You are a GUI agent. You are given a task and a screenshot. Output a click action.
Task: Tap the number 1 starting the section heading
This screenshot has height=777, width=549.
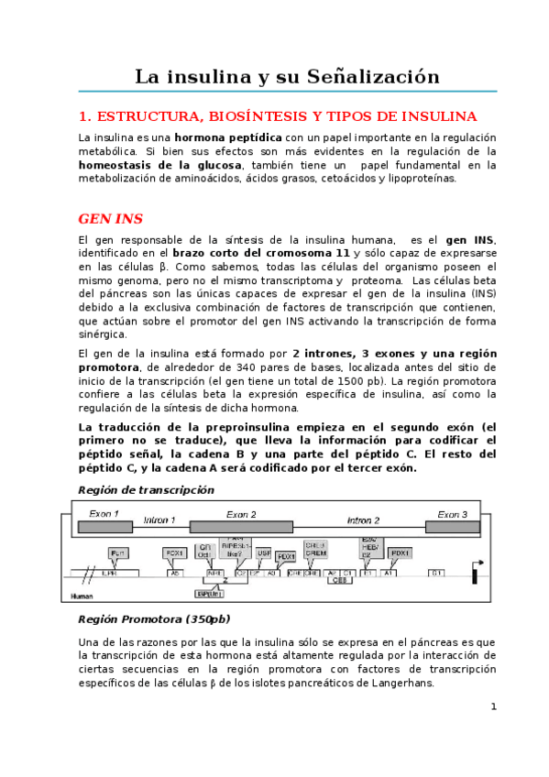pyautogui.click(x=82, y=117)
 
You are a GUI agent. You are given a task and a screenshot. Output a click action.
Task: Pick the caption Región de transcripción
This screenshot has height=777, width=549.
pyautogui.click(x=146, y=489)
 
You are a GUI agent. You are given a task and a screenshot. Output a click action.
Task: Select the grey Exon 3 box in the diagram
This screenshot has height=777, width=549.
pyautogui.click(x=453, y=526)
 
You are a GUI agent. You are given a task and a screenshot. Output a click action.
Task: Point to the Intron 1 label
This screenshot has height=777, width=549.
pyautogui.click(x=159, y=520)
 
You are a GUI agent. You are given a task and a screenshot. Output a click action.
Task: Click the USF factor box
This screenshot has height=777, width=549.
pyautogui.click(x=264, y=553)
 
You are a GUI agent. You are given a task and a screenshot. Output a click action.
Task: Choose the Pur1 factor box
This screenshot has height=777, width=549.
pyautogui.click(x=117, y=553)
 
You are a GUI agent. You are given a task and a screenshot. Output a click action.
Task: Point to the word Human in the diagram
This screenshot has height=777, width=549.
pyautogui.click(x=82, y=596)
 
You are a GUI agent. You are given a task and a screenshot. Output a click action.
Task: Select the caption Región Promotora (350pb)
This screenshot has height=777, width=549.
pyautogui.click(x=154, y=618)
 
